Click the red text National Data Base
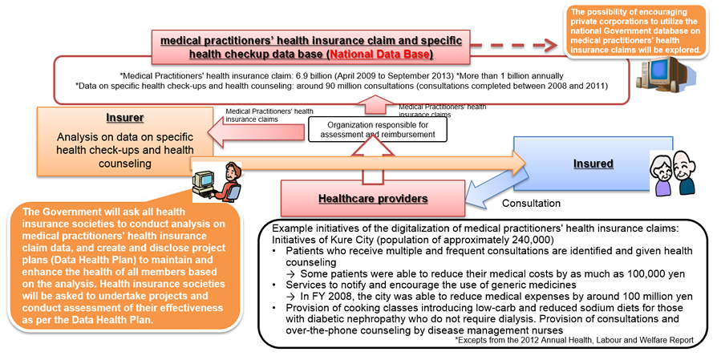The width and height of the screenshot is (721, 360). point(383,55)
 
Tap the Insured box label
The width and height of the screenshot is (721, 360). point(593,164)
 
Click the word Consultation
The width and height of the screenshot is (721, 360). point(530,204)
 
